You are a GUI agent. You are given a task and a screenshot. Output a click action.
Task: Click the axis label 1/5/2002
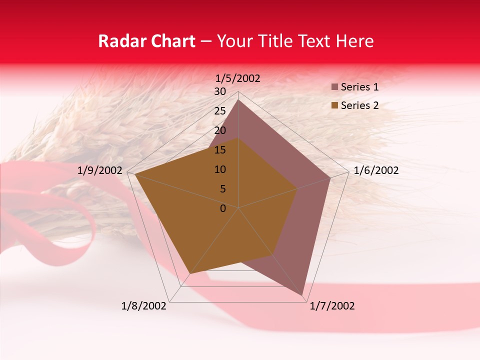(x=238, y=78)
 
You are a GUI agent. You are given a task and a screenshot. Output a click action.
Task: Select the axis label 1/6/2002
(x=376, y=170)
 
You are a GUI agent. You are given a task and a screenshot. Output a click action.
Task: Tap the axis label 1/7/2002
(x=332, y=306)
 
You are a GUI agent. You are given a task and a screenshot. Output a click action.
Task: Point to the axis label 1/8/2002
(x=144, y=306)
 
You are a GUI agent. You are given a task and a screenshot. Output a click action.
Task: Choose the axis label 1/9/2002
(x=100, y=170)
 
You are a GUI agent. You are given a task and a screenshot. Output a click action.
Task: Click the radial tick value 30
(x=220, y=91)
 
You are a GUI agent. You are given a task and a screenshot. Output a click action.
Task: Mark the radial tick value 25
(x=220, y=111)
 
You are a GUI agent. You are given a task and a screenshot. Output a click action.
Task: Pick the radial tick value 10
(x=220, y=169)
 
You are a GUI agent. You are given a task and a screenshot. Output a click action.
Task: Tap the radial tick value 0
(x=223, y=208)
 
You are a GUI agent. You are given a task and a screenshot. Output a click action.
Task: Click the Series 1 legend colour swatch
(x=335, y=87)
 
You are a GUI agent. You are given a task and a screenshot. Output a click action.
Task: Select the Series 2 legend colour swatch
(x=335, y=105)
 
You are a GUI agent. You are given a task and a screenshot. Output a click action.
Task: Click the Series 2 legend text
(x=359, y=105)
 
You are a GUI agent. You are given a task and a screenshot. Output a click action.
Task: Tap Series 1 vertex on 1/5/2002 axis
(x=238, y=99)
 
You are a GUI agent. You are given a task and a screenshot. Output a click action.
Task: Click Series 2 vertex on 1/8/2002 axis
(x=189, y=274)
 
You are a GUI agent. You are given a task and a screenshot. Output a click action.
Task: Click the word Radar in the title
(x=120, y=41)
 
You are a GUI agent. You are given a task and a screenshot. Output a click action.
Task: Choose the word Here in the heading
(x=354, y=41)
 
